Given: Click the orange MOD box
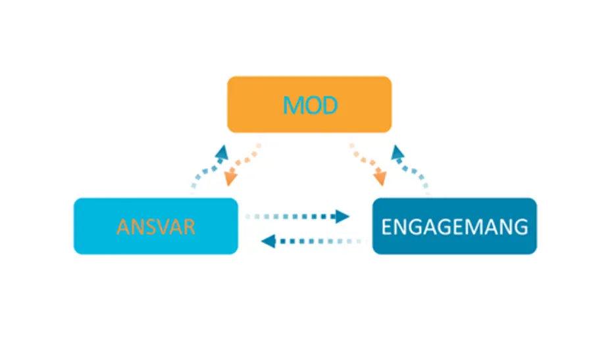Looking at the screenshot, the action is (309, 104).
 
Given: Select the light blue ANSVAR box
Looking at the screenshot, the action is (156, 226).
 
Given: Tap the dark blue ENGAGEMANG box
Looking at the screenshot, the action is (455, 226).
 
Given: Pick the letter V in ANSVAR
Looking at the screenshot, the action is (162, 227).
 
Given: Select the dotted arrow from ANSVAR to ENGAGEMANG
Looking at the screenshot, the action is (297, 217).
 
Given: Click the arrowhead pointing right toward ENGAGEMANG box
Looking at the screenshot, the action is (342, 217).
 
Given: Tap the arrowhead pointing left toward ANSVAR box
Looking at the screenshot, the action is (268, 242).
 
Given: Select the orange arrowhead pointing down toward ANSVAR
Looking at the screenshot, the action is (230, 178).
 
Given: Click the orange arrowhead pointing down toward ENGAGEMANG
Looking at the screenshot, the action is (380, 178).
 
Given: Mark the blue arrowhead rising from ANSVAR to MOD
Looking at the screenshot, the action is (222, 152).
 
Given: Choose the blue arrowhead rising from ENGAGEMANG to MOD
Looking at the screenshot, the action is (397, 152).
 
